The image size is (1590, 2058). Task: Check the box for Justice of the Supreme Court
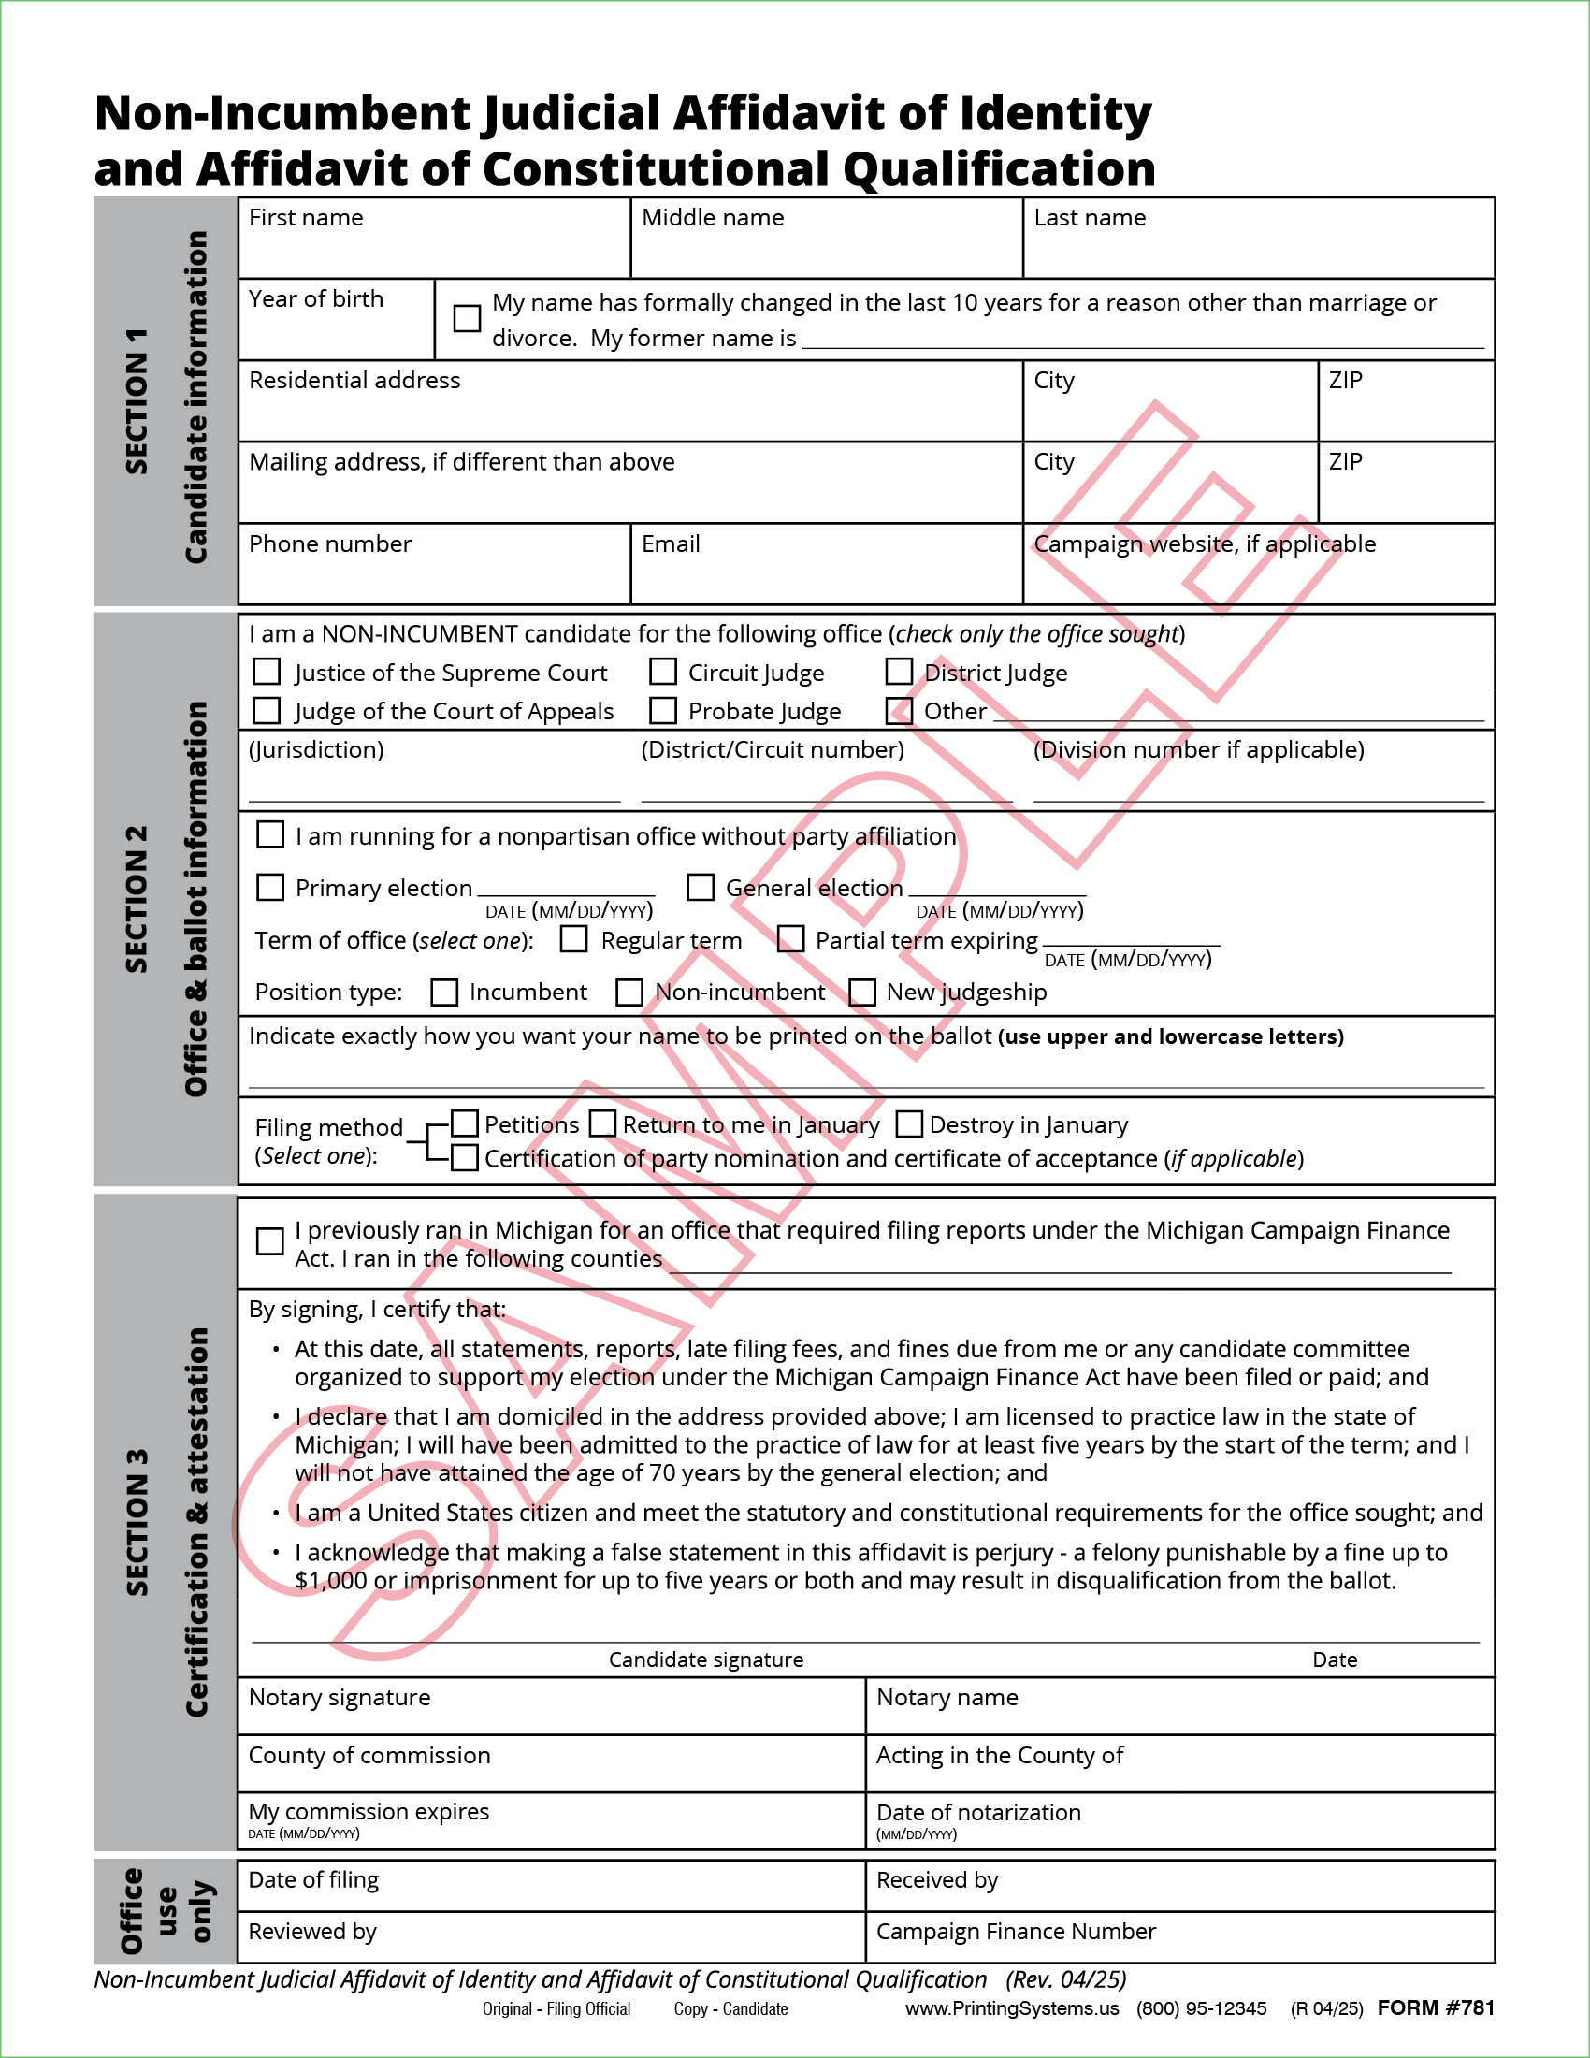point(267,672)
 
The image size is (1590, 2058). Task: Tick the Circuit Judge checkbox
point(663,672)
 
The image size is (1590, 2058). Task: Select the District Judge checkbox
point(900,672)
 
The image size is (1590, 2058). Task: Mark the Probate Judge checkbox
point(663,710)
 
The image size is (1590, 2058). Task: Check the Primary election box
point(270,887)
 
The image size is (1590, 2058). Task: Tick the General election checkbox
point(700,887)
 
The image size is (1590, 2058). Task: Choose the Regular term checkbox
point(573,939)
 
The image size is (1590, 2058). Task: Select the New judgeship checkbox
point(862,993)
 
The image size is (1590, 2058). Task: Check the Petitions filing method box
point(465,1123)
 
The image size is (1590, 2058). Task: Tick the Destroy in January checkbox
point(909,1123)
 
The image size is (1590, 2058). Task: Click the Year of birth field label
point(315,298)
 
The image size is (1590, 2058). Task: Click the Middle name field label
point(712,218)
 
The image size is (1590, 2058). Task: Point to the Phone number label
point(329,543)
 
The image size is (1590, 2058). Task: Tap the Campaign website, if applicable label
point(1204,543)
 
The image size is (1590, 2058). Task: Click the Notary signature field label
point(340,1697)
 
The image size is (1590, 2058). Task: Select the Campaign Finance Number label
point(1016,1931)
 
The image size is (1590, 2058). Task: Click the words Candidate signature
point(705,1659)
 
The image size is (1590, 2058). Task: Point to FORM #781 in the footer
point(1436,2007)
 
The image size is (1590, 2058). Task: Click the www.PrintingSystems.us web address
point(1013,2008)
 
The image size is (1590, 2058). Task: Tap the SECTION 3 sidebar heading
point(137,1522)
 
